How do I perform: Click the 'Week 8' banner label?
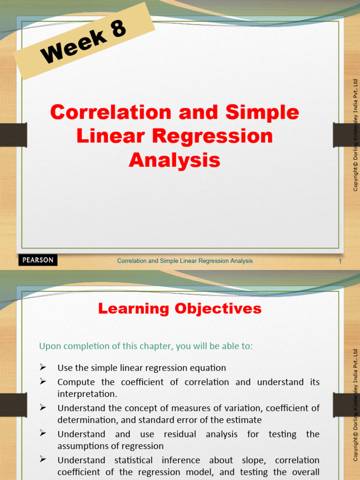click(x=84, y=42)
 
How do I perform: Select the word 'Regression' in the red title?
click(x=221, y=136)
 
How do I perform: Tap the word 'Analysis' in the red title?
click(x=174, y=160)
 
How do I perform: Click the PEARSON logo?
click(x=38, y=260)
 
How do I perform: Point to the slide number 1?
click(x=340, y=261)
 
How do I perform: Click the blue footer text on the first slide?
click(x=185, y=261)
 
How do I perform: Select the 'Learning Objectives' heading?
click(x=180, y=308)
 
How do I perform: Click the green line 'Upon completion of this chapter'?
click(x=146, y=346)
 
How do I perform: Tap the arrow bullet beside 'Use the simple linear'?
click(x=43, y=367)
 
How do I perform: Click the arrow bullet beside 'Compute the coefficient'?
click(x=43, y=382)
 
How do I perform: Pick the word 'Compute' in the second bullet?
click(x=75, y=382)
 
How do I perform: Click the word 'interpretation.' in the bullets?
click(x=87, y=394)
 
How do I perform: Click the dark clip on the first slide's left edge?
click(x=13, y=135)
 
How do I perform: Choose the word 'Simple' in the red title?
click(x=262, y=112)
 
